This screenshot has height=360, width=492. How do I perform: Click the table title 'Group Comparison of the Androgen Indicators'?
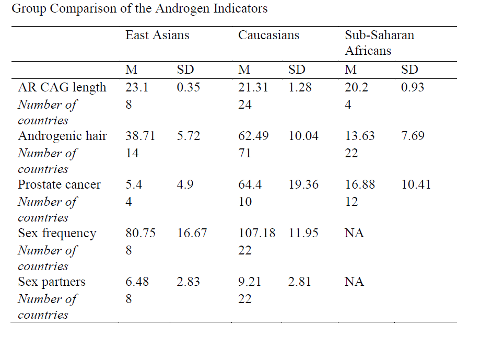(x=139, y=9)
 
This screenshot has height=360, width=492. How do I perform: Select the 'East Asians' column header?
(x=157, y=36)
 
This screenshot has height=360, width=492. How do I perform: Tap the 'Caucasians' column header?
(x=269, y=36)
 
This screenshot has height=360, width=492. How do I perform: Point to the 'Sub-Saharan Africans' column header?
(x=379, y=43)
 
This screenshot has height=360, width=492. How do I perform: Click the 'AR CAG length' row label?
(x=62, y=87)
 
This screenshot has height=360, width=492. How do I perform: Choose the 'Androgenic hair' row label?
(x=62, y=136)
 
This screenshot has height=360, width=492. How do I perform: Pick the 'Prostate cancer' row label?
(x=60, y=184)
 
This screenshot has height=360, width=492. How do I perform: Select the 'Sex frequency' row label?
(x=57, y=233)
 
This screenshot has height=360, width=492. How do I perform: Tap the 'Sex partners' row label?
(x=52, y=282)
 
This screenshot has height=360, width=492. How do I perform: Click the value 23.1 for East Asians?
(x=137, y=87)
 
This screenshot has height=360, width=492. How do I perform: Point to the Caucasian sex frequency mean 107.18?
(x=257, y=233)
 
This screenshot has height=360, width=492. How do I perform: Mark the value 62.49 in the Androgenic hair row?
(x=254, y=136)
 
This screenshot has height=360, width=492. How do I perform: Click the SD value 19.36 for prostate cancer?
(x=303, y=184)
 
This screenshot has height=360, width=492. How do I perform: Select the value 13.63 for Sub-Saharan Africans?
(x=360, y=136)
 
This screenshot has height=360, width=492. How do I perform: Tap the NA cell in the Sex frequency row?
(x=354, y=233)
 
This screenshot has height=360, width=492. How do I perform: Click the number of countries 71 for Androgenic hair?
(x=245, y=153)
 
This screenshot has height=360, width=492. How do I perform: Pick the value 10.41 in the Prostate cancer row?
(x=416, y=184)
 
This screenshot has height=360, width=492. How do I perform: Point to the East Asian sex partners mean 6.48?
(x=137, y=282)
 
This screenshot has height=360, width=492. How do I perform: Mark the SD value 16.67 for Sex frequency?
(x=192, y=233)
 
